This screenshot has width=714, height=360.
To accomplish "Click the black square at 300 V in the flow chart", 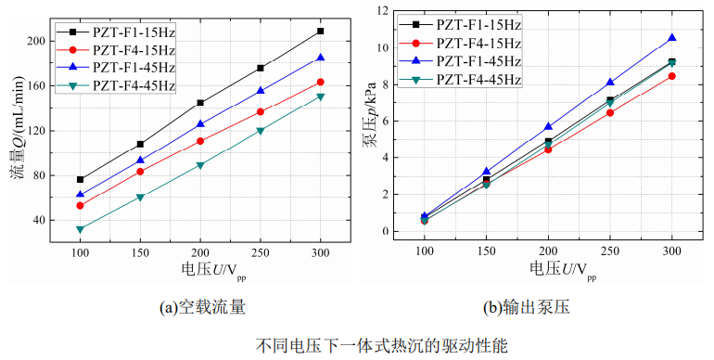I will tap(320, 31).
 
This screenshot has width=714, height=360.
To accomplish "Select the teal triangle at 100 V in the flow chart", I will tap(81, 229).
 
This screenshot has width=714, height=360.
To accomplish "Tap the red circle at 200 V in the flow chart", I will tap(200, 141).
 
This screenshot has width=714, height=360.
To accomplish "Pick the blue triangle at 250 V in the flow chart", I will tap(261, 91).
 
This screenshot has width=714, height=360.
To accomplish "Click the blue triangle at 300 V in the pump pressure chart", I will tap(671, 38).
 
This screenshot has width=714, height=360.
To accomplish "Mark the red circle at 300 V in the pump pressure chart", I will tap(671, 76).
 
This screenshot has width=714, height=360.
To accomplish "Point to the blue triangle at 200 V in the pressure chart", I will tap(548, 126).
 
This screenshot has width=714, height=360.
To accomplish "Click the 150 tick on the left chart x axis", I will tap(140, 251).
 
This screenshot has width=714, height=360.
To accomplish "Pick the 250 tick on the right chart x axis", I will tap(610, 251).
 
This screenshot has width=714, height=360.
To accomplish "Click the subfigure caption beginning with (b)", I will tap(547, 306).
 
